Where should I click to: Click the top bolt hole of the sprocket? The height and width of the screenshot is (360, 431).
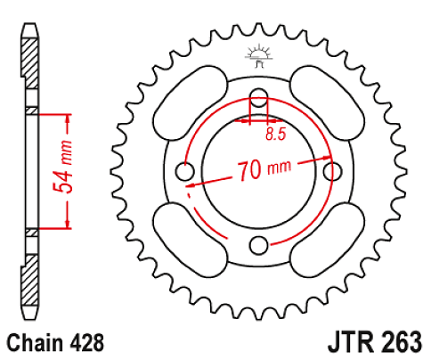pyautogui.click(x=258, y=97)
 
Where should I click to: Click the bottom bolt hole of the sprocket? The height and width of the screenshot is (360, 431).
pyautogui.click(x=258, y=244)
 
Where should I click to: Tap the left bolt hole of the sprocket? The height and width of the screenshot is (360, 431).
pyautogui.click(x=185, y=170)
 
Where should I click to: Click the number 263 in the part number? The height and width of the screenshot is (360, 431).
pyautogui.click(x=396, y=342)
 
